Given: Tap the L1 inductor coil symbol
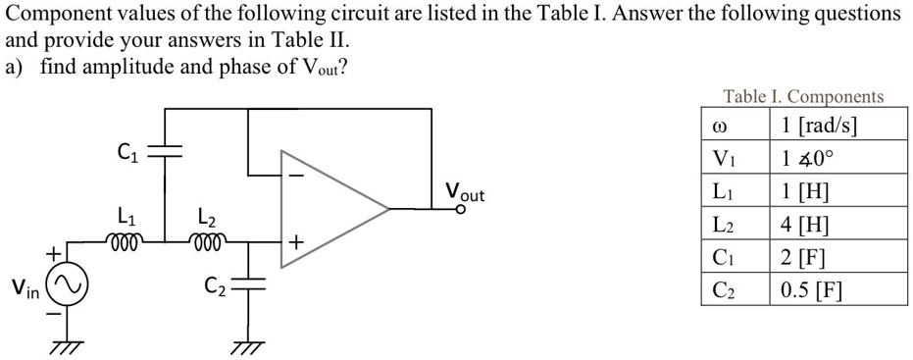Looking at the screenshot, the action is (x=124, y=240).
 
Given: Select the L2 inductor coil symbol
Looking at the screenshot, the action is (x=207, y=240).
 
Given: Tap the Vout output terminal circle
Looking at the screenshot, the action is (x=462, y=210).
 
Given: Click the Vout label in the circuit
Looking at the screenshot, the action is (x=465, y=191).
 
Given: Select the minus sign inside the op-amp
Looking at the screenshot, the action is (x=296, y=175).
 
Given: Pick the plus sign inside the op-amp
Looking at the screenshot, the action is (x=296, y=240).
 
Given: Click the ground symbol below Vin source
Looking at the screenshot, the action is (x=67, y=347).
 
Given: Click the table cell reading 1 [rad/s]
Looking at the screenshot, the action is (x=838, y=124).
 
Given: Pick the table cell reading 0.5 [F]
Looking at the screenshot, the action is (x=838, y=289).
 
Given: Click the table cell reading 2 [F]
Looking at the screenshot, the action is (x=838, y=256).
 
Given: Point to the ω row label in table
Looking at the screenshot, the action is (x=721, y=126).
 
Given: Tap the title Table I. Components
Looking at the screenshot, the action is (x=803, y=95).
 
